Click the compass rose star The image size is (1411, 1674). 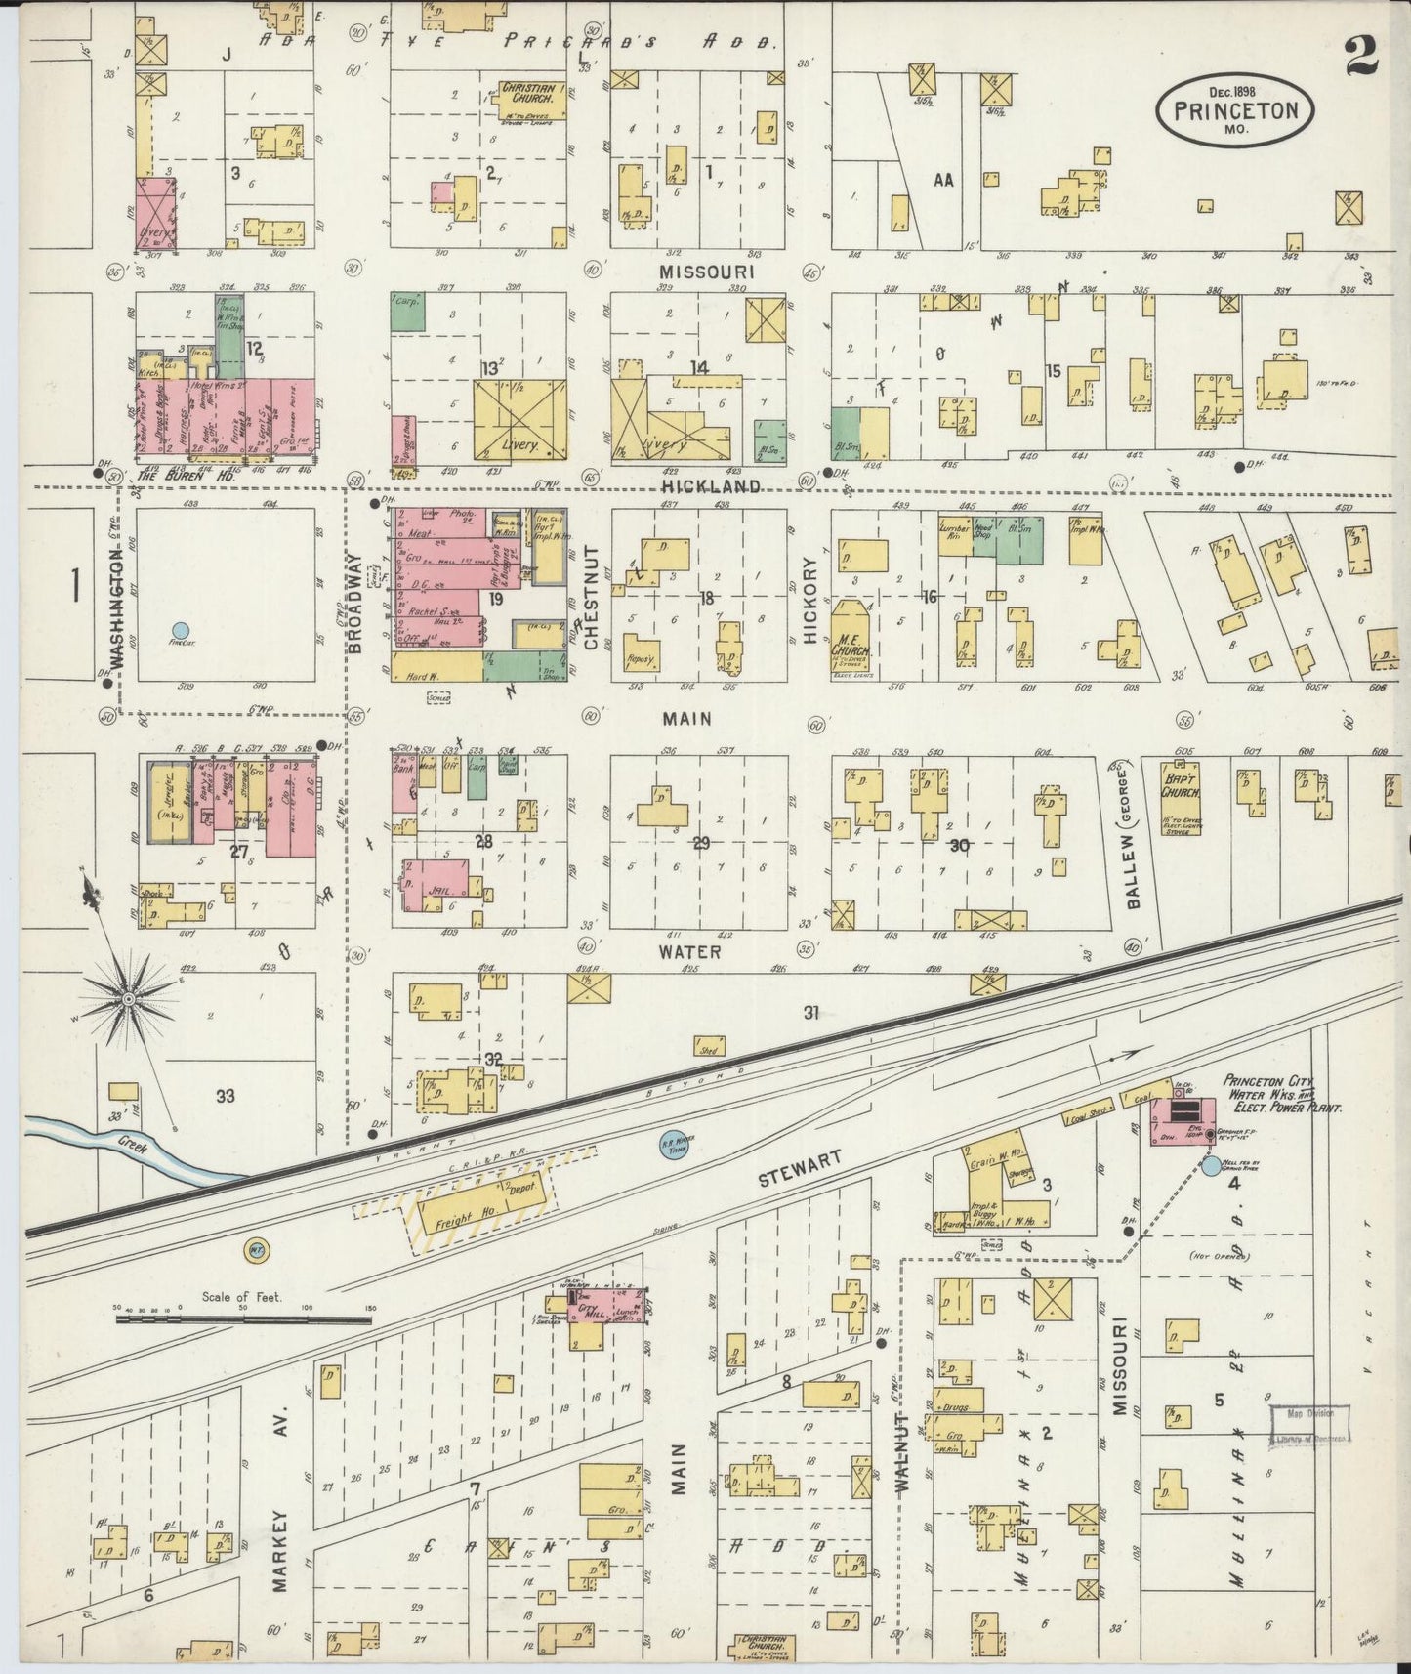(x=128, y=999)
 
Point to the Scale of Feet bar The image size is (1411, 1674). (x=243, y=1318)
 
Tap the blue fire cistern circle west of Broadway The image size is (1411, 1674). (x=179, y=632)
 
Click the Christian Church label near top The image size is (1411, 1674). (x=529, y=94)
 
